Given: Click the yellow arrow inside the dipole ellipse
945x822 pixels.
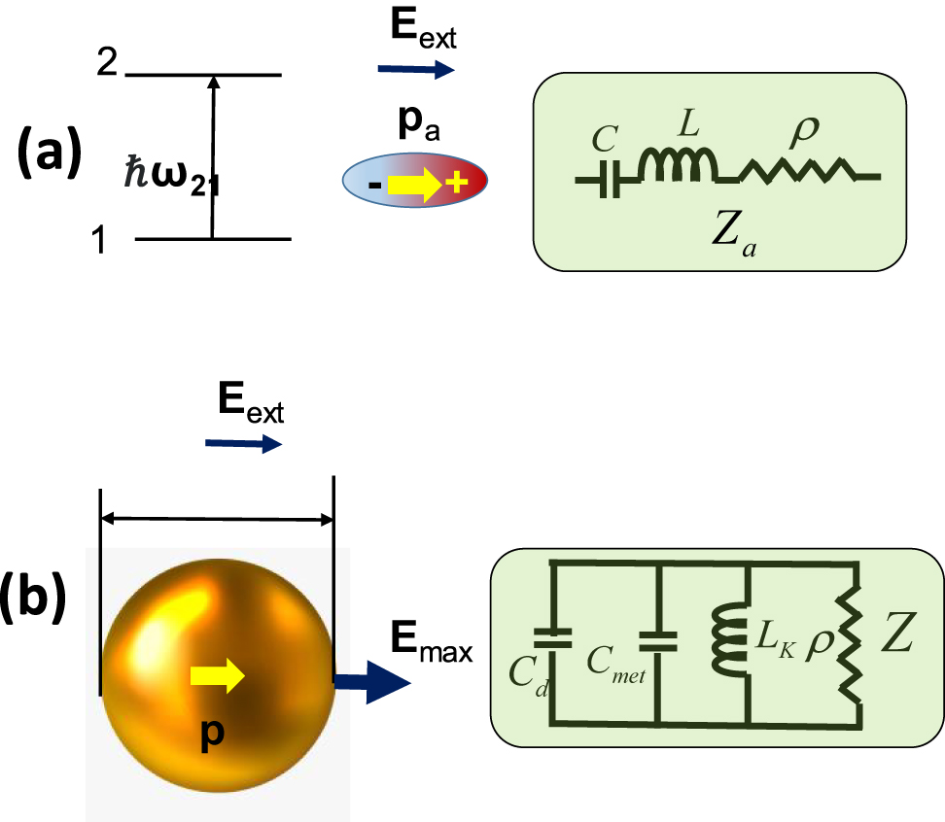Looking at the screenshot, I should click(x=412, y=182).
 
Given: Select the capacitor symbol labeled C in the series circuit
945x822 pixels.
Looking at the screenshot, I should click(x=610, y=180).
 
